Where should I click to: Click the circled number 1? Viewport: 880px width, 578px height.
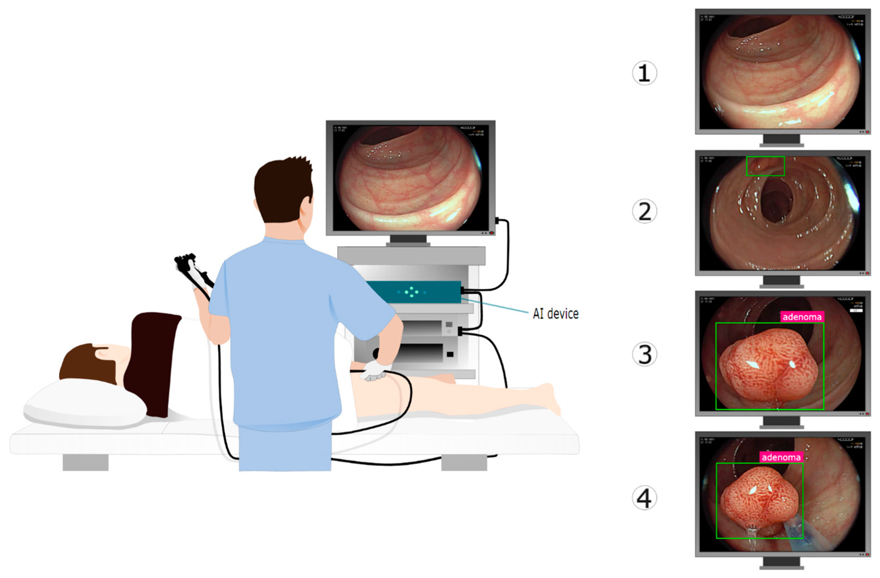[x=644, y=73]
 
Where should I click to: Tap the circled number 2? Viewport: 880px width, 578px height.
[x=644, y=211]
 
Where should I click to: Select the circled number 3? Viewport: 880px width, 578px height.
[x=644, y=354]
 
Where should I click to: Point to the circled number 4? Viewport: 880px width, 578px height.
[x=644, y=498]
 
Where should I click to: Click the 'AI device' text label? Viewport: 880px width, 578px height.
[x=555, y=314]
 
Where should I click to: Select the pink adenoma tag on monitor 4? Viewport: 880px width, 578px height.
[x=781, y=457]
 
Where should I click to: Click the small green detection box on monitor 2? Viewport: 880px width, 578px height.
[x=765, y=166]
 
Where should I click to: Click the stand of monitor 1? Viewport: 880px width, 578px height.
[x=781, y=141]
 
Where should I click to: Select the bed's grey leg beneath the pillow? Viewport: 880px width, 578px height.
[x=85, y=462]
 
